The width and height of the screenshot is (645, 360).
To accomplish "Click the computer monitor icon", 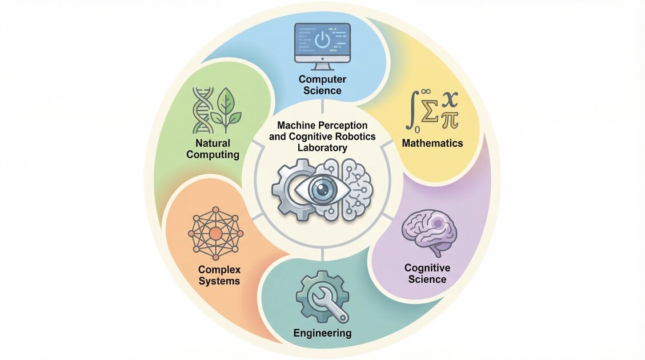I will (322, 45).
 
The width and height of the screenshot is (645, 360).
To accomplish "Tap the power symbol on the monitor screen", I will (323, 39).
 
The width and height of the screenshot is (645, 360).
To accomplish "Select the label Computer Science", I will (323, 85).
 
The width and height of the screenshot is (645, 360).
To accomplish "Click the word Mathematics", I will (432, 143).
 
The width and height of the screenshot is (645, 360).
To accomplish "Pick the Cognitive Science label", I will (427, 273).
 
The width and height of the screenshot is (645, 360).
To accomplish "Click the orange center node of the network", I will (215, 234).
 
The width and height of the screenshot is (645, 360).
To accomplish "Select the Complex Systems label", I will (219, 275).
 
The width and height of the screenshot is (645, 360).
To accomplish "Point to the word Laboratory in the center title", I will (323, 147).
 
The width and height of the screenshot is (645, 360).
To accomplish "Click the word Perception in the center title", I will (343, 125).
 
